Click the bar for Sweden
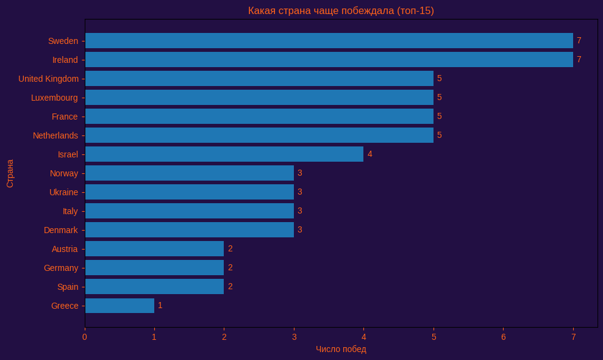point(329,41)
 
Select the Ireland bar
point(329,60)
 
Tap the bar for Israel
point(224,154)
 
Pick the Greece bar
point(120,306)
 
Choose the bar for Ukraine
point(190,192)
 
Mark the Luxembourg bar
point(259,98)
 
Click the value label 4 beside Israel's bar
point(369,154)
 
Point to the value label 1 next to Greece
point(160,305)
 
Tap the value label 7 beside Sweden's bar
point(579,41)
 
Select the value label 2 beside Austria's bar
point(230,248)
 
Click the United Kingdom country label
point(48,79)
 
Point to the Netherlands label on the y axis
point(55,135)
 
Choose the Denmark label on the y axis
point(61,230)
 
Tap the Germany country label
point(61,268)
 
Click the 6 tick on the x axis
point(504,337)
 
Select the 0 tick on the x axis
point(85,337)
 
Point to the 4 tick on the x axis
point(364,337)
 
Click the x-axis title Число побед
point(341,349)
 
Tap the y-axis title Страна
point(10,173)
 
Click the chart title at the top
point(341,11)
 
